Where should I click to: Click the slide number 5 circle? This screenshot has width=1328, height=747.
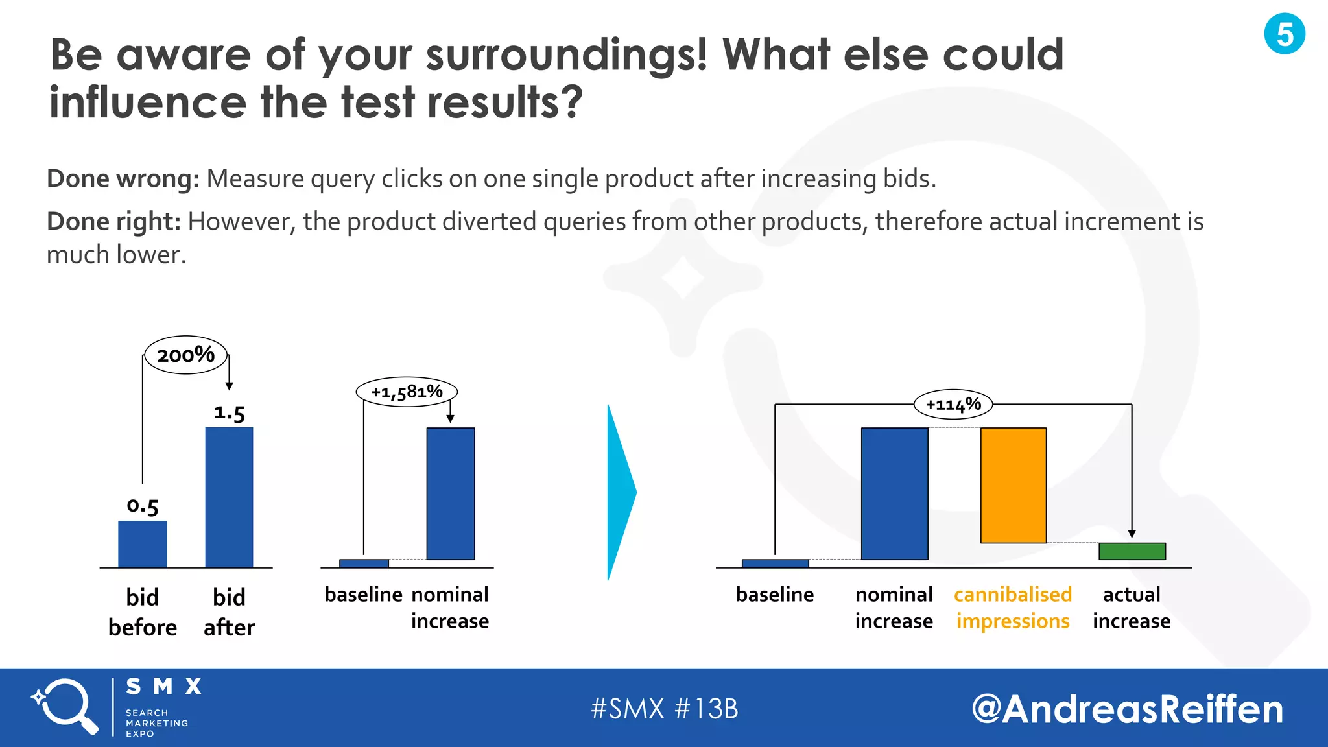pyautogui.click(x=1284, y=34)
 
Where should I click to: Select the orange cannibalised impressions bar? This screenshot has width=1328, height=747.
pyautogui.click(x=1013, y=485)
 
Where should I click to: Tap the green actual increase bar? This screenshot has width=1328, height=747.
pyautogui.click(x=1132, y=551)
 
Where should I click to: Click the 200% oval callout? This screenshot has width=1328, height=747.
pyautogui.click(x=185, y=355)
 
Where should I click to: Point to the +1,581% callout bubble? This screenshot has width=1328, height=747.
pyautogui.click(x=407, y=392)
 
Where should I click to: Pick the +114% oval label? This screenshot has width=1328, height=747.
pyautogui.click(x=953, y=405)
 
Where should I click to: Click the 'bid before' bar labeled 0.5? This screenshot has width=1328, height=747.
pyautogui.click(x=143, y=544)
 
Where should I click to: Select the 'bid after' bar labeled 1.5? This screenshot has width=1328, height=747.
pyautogui.click(x=229, y=497)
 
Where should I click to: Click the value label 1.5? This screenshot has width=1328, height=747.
pyautogui.click(x=229, y=412)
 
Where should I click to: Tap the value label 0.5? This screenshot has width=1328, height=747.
pyautogui.click(x=143, y=506)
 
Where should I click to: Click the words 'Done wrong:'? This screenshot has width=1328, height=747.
pyautogui.click(x=123, y=179)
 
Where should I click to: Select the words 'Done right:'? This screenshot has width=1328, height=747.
pyautogui.click(x=113, y=222)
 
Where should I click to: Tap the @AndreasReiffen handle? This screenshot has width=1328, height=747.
pyautogui.click(x=1127, y=709)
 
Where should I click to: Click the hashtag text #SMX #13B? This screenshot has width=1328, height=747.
pyautogui.click(x=664, y=709)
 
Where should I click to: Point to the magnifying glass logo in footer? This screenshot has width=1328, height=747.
pyautogui.click(x=65, y=707)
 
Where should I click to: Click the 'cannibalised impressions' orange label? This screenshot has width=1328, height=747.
pyautogui.click(x=1013, y=608)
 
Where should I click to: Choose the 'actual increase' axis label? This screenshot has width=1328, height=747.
pyautogui.click(x=1132, y=608)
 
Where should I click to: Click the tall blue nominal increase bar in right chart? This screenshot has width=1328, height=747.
pyautogui.click(x=894, y=493)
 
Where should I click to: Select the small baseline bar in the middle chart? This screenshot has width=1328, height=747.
pyautogui.click(x=364, y=563)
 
